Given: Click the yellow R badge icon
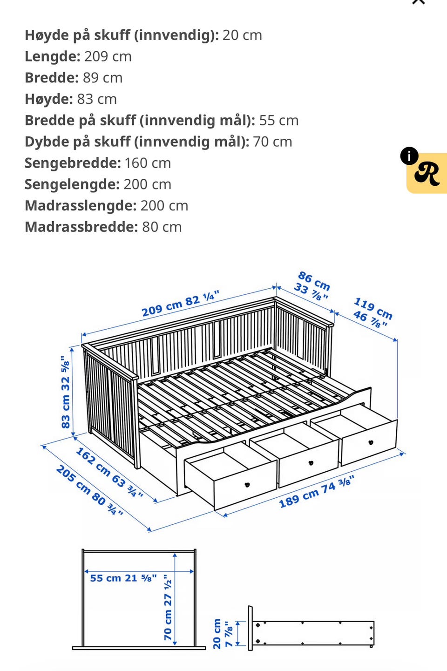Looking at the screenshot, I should point(427,174).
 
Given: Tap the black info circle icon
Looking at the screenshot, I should point(409,156).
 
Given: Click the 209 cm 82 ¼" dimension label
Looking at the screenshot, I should point(180,304).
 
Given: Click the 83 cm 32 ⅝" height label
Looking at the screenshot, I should point(66,392).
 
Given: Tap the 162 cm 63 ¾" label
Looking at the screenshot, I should point(109,472).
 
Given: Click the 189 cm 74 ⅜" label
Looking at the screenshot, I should point(317,492).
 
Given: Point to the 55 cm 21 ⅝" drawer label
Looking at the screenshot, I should point(123,578).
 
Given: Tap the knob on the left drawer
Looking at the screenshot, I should point(247,485).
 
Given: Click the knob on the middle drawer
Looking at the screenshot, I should point(311,463).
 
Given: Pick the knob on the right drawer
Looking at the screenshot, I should point(371,442).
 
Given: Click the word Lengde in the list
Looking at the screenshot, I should point(52,56).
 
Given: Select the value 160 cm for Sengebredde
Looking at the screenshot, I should point(148,163).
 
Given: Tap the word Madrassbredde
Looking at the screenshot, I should point(81,227).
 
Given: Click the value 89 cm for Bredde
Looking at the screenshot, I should point(102,78).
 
